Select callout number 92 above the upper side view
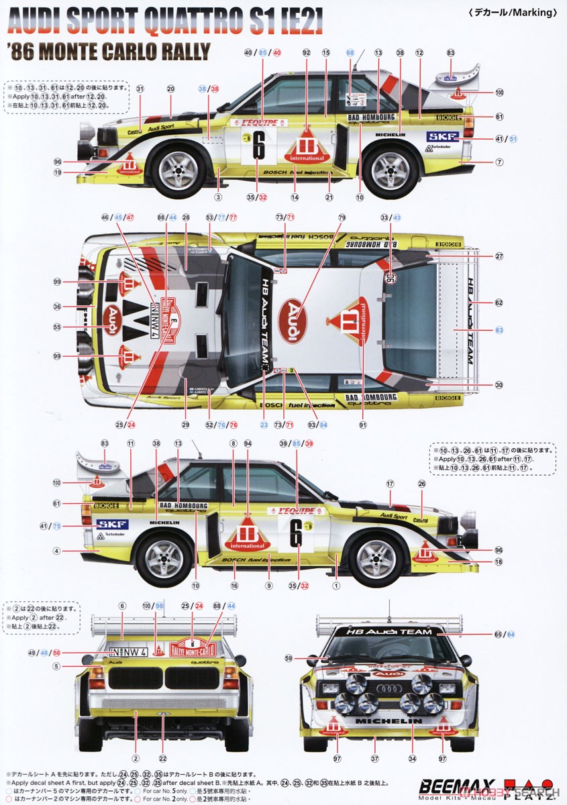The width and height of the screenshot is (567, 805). tap(307, 52)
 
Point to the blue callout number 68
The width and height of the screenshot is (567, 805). tap(350, 52)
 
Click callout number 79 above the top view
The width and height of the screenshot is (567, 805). tap(342, 217)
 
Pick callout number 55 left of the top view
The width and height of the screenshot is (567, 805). tap(57, 327)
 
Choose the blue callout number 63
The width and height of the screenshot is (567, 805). tap(499, 330)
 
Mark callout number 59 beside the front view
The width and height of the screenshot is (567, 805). tap(289, 658)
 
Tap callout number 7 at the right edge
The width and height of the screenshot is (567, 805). tap(499, 162)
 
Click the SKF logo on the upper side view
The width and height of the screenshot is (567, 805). tap(443, 137)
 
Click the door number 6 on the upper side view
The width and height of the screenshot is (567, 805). tap(258, 148)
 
